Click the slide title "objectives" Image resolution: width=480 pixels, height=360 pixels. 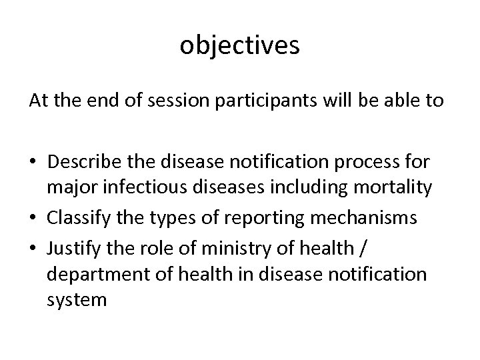click(x=240, y=46)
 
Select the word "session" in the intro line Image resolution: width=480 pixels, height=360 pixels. click(x=163, y=101)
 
